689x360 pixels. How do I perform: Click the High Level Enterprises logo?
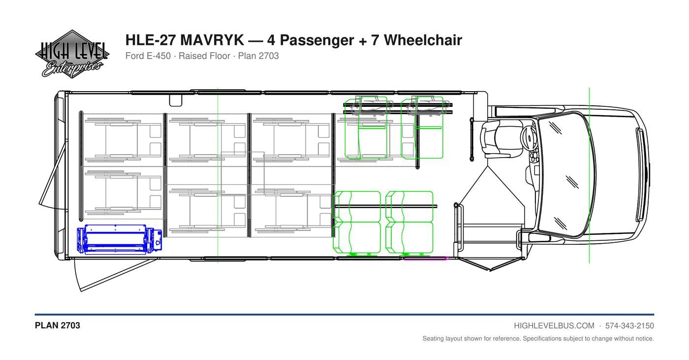[x=72, y=54]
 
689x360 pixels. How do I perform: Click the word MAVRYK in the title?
[x=212, y=40]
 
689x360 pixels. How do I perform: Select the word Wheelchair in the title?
[x=423, y=40]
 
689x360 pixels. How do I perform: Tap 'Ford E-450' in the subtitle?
[x=148, y=56]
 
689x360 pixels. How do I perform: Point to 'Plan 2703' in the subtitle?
[x=258, y=56]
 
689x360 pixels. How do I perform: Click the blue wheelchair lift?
[x=119, y=239]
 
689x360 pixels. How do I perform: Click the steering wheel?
[x=529, y=138]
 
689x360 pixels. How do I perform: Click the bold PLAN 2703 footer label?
[x=58, y=326]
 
